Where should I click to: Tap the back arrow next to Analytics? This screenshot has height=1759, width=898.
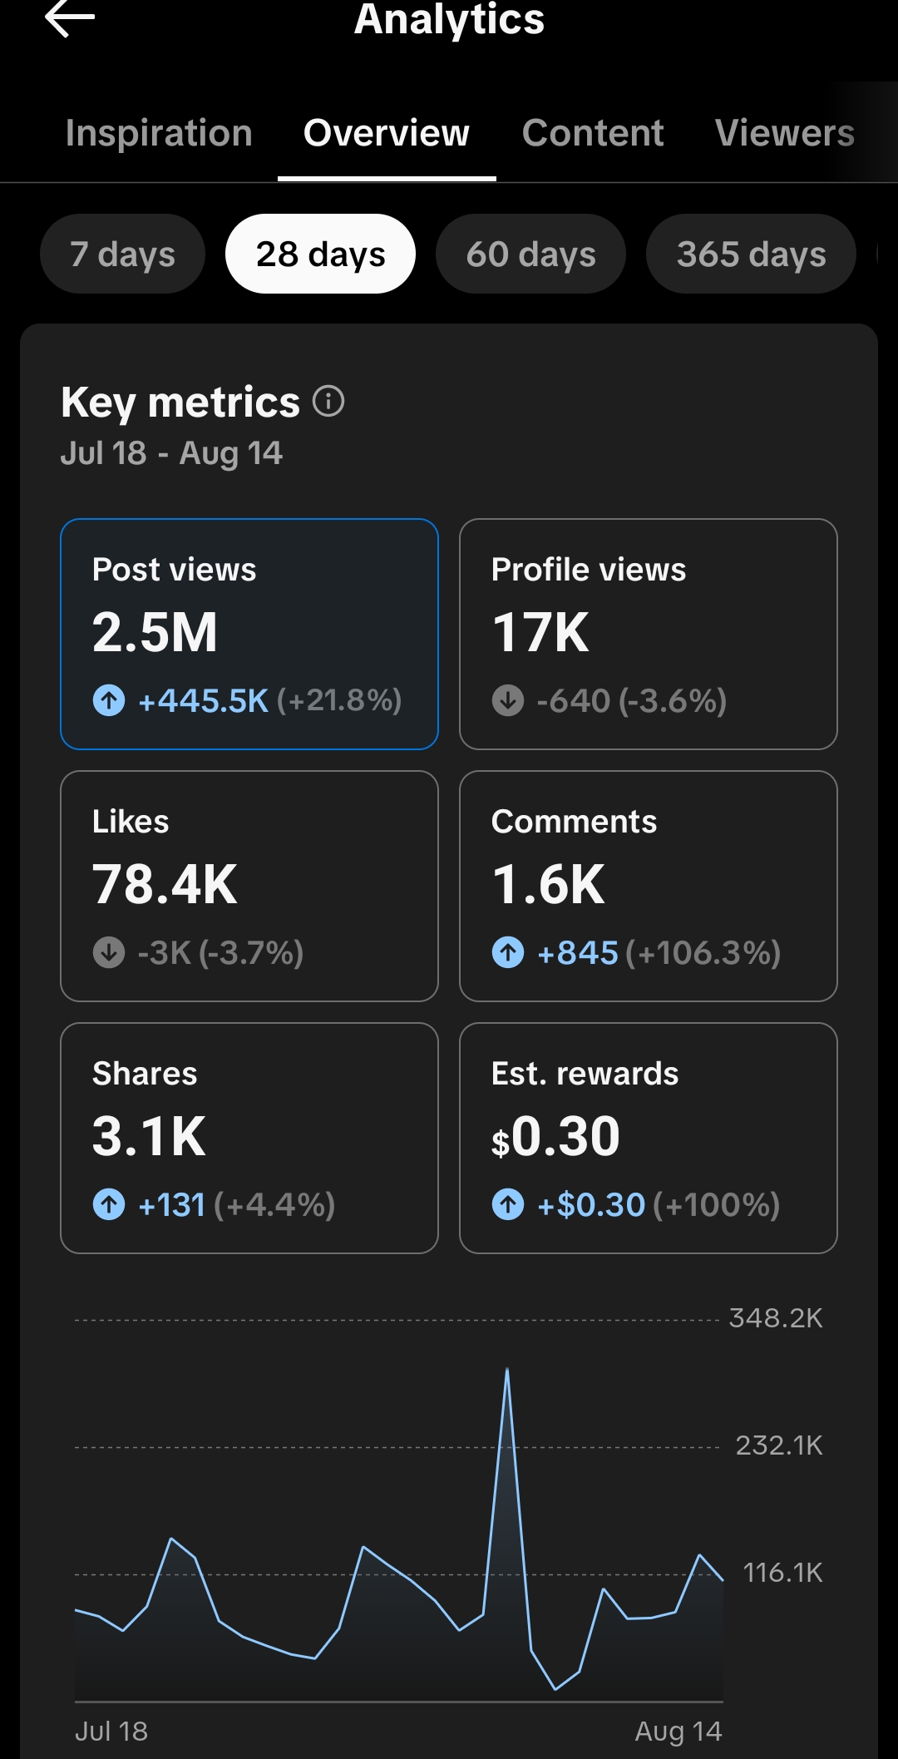point(70,17)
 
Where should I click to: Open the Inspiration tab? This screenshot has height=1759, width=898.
point(159,133)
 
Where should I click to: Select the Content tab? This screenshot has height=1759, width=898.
point(593,133)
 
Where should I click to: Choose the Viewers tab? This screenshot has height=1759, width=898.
point(785,133)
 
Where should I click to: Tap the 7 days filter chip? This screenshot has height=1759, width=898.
point(122,254)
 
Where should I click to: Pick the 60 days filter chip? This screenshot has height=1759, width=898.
point(530,254)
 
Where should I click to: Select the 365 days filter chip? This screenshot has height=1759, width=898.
point(751,254)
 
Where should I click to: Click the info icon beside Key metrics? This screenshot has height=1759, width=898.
point(328,401)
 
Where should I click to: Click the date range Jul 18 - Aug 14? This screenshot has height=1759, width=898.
point(171,453)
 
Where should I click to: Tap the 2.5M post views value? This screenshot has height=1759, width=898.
point(155,632)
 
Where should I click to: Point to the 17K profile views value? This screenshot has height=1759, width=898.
point(540,632)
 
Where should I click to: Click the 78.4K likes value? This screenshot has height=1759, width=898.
point(165,884)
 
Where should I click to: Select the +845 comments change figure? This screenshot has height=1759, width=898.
point(578,953)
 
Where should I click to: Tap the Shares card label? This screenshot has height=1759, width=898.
point(145,1074)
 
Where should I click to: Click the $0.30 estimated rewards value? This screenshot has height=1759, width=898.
point(555,1136)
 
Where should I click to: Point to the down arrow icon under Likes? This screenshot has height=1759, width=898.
point(109,952)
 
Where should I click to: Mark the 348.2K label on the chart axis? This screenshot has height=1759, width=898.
point(776,1318)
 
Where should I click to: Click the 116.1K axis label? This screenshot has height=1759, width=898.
point(782,1573)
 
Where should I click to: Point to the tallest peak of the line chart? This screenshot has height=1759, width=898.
point(507,1369)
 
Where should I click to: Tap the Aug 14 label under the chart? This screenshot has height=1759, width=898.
point(678,1732)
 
